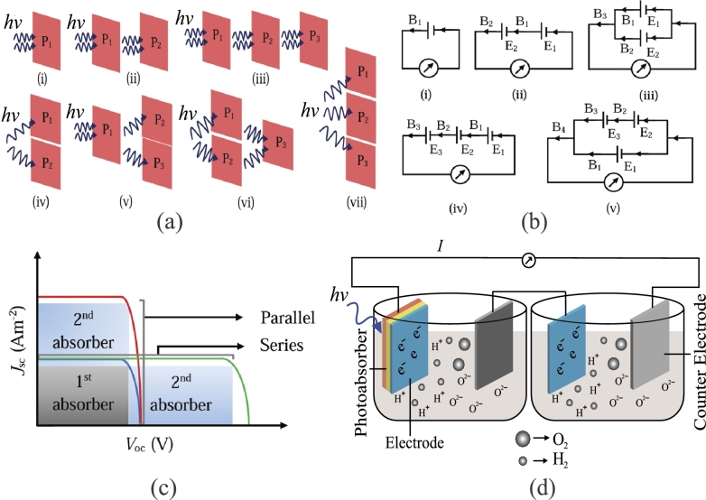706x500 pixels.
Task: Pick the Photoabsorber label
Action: click(362, 362)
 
